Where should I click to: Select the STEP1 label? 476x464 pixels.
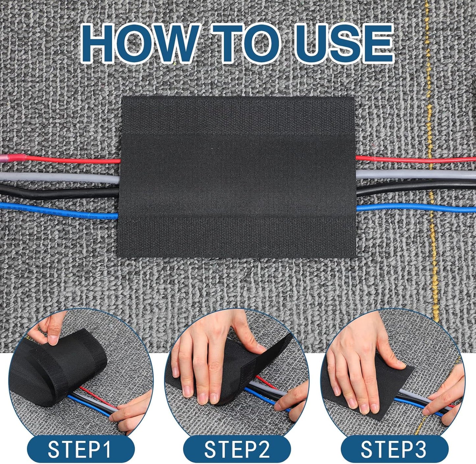pyautogui.click(x=80, y=449)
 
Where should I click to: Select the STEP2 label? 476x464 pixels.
pyautogui.click(x=237, y=449)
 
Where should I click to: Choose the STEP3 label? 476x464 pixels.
pyautogui.click(x=394, y=449)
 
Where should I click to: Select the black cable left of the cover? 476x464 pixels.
pyautogui.click(x=59, y=193)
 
